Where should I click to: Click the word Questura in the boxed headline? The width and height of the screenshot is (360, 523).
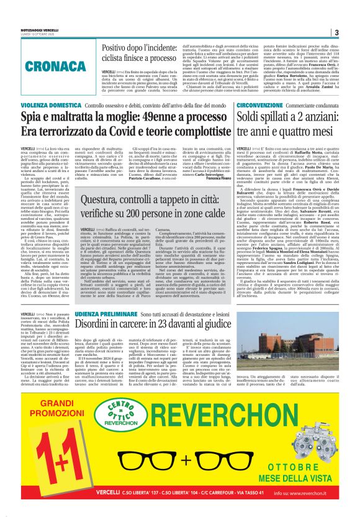[x=106, y=197]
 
